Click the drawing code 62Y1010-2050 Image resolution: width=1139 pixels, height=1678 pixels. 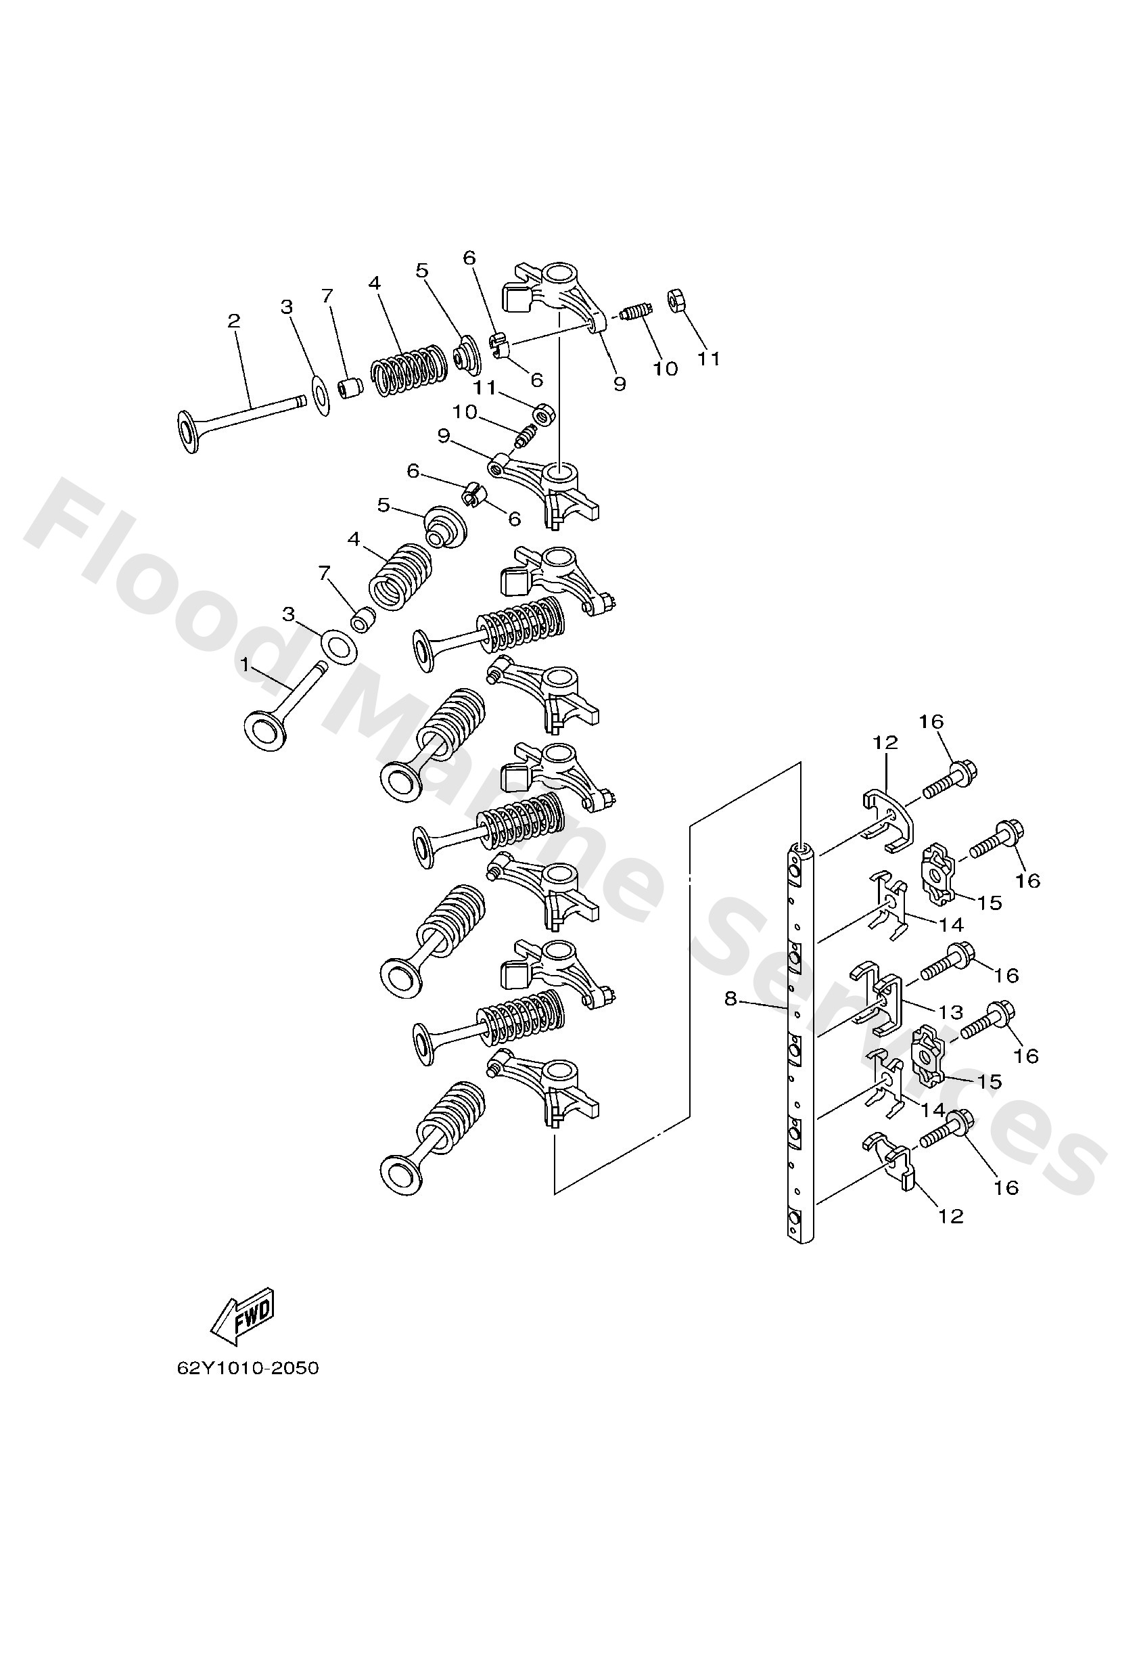tap(248, 1368)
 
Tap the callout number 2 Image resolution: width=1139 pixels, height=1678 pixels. tap(233, 321)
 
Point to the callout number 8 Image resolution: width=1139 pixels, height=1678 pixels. tap(730, 999)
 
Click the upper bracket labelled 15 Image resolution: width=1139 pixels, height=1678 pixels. tap(937, 876)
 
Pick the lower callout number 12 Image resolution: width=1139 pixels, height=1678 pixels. tap(950, 1217)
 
